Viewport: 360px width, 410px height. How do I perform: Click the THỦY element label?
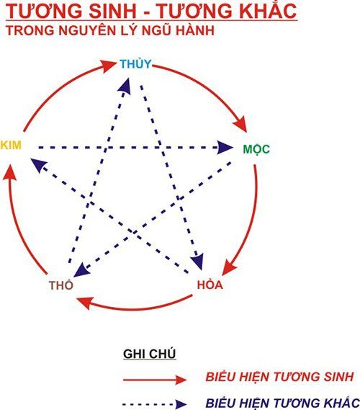tap(136, 64)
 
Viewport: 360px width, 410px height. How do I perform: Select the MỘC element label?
tap(256, 149)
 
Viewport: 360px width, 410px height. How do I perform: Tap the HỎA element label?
tap(210, 285)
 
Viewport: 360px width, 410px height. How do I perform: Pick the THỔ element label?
tap(61, 285)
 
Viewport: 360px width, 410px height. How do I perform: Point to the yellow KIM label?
tap(11, 145)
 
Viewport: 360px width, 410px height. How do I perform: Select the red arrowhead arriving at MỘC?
tap(241, 124)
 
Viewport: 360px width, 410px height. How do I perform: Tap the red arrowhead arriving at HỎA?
tap(229, 267)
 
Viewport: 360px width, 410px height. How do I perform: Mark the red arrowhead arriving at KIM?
tap(9, 171)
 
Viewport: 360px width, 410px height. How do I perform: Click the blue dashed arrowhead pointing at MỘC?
tap(225, 148)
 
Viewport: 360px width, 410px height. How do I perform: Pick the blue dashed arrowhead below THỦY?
tap(125, 85)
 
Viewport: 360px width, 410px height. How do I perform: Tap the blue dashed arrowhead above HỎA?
tap(198, 262)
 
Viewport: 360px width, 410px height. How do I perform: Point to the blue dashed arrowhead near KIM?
tap(38, 165)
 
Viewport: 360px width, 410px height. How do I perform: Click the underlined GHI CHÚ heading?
tap(150, 354)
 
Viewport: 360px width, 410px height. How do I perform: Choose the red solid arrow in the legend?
tap(155, 379)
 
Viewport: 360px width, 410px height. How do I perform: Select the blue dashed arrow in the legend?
tap(155, 404)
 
